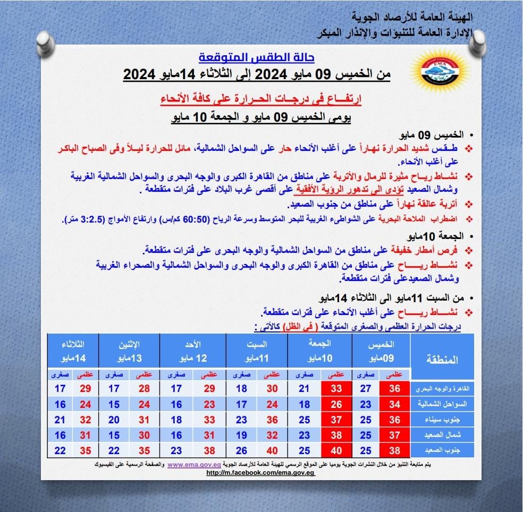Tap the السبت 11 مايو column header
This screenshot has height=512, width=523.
pyautogui.click(x=257, y=350)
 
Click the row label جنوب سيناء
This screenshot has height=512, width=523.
pyautogui.click(x=442, y=420)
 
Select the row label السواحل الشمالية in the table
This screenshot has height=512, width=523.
pyautogui.click(x=442, y=404)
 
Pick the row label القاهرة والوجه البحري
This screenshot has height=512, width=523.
pyautogui.click(x=442, y=388)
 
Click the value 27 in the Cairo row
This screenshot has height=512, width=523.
pyautogui.click(x=366, y=389)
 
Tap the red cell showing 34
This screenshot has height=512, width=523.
pyautogui.click(x=394, y=404)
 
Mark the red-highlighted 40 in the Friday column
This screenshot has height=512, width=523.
pyautogui.click(x=336, y=450)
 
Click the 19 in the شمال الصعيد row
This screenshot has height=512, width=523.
pyautogui.click(x=241, y=435)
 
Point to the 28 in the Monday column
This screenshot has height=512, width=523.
pyautogui.click(x=144, y=389)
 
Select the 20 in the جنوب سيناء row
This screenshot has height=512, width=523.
pyautogui.click(x=114, y=420)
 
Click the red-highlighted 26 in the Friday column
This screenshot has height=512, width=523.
pyautogui.click(x=336, y=404)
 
